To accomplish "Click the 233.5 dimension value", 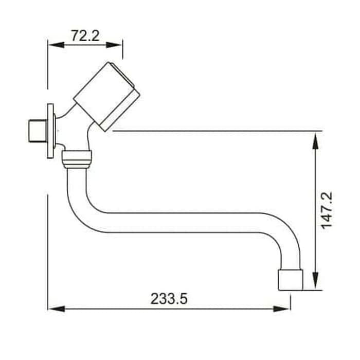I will click(169, 299).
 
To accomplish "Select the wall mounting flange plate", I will click(50, 131).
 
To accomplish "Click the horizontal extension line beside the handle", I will click(216, 131).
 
